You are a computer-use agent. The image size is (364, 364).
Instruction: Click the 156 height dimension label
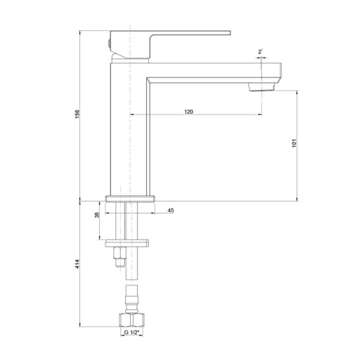coord(77,114)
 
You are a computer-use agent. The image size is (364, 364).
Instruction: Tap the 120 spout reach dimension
coord(188,112)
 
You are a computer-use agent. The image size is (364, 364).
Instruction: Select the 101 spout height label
coord(294,143)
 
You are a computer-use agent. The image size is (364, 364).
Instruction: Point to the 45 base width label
coord(171,210)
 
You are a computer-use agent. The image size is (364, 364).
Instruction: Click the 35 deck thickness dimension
coord(97,215)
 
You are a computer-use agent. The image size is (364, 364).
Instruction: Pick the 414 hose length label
coord(77,264)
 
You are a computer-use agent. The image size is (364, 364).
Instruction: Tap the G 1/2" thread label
coord(131,332)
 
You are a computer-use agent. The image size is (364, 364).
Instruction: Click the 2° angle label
coord(260,52)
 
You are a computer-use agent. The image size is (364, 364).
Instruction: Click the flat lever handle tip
coord(230,33)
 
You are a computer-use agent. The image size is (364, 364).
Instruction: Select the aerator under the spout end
coord(261,87)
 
